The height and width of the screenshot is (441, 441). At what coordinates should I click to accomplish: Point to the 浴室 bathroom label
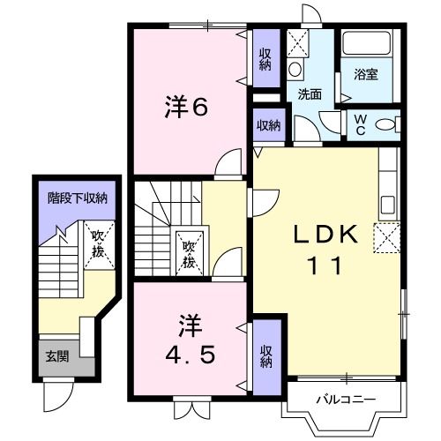(367, 74)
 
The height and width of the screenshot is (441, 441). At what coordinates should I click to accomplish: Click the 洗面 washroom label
(308, 93)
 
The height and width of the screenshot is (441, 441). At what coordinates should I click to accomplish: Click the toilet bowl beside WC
(385, 124)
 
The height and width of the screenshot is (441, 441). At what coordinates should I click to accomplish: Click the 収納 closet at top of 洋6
(265, 60)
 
